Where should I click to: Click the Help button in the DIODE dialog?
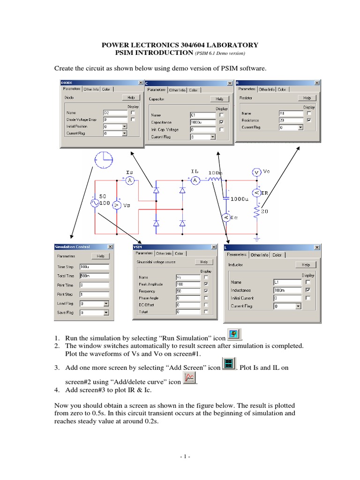[x=131, y=97]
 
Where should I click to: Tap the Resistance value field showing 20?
[x=288, y=120]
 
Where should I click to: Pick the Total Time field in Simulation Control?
[x=94, y=276]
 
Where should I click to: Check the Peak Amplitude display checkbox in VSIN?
[x=206, y=284]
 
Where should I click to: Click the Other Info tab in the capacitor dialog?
[x=178, y=90]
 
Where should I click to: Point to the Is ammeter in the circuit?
[x=119, y=180]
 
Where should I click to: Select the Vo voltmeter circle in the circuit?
[x=256, y=172]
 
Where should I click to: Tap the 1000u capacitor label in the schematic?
[x=240, y=199]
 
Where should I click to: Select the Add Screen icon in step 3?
[x=228, y=364]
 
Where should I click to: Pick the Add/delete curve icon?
[x=189, y=378]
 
